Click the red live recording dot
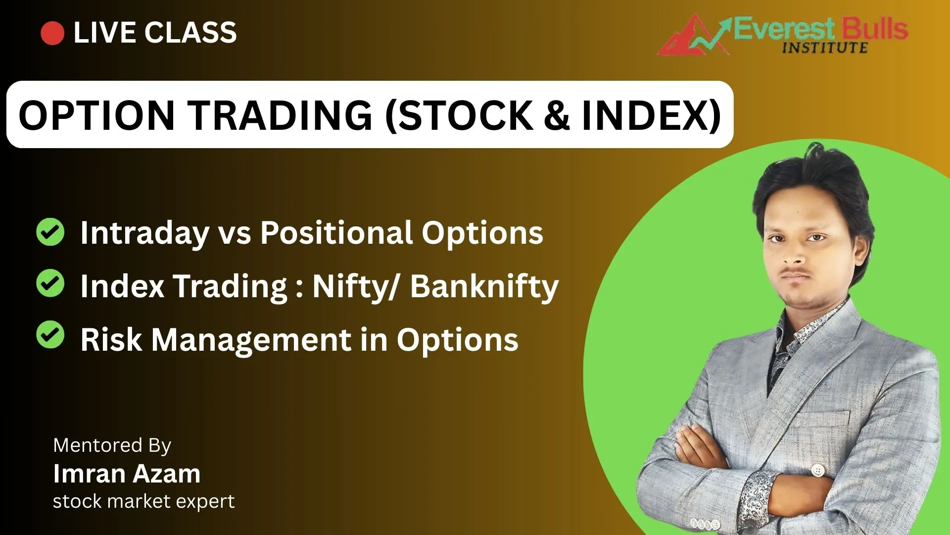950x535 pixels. [52, 33]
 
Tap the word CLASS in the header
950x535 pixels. [190, 33]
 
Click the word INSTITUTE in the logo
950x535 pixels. [825, 48]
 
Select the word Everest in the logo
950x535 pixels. [784, 29]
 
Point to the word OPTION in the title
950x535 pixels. [96, 115]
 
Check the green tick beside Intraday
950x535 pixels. [50, 232]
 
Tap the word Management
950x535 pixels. [251, 340]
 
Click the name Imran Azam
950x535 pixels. [127, 474]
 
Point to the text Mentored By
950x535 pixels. [112, 446]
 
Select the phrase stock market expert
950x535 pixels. [144, 501]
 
